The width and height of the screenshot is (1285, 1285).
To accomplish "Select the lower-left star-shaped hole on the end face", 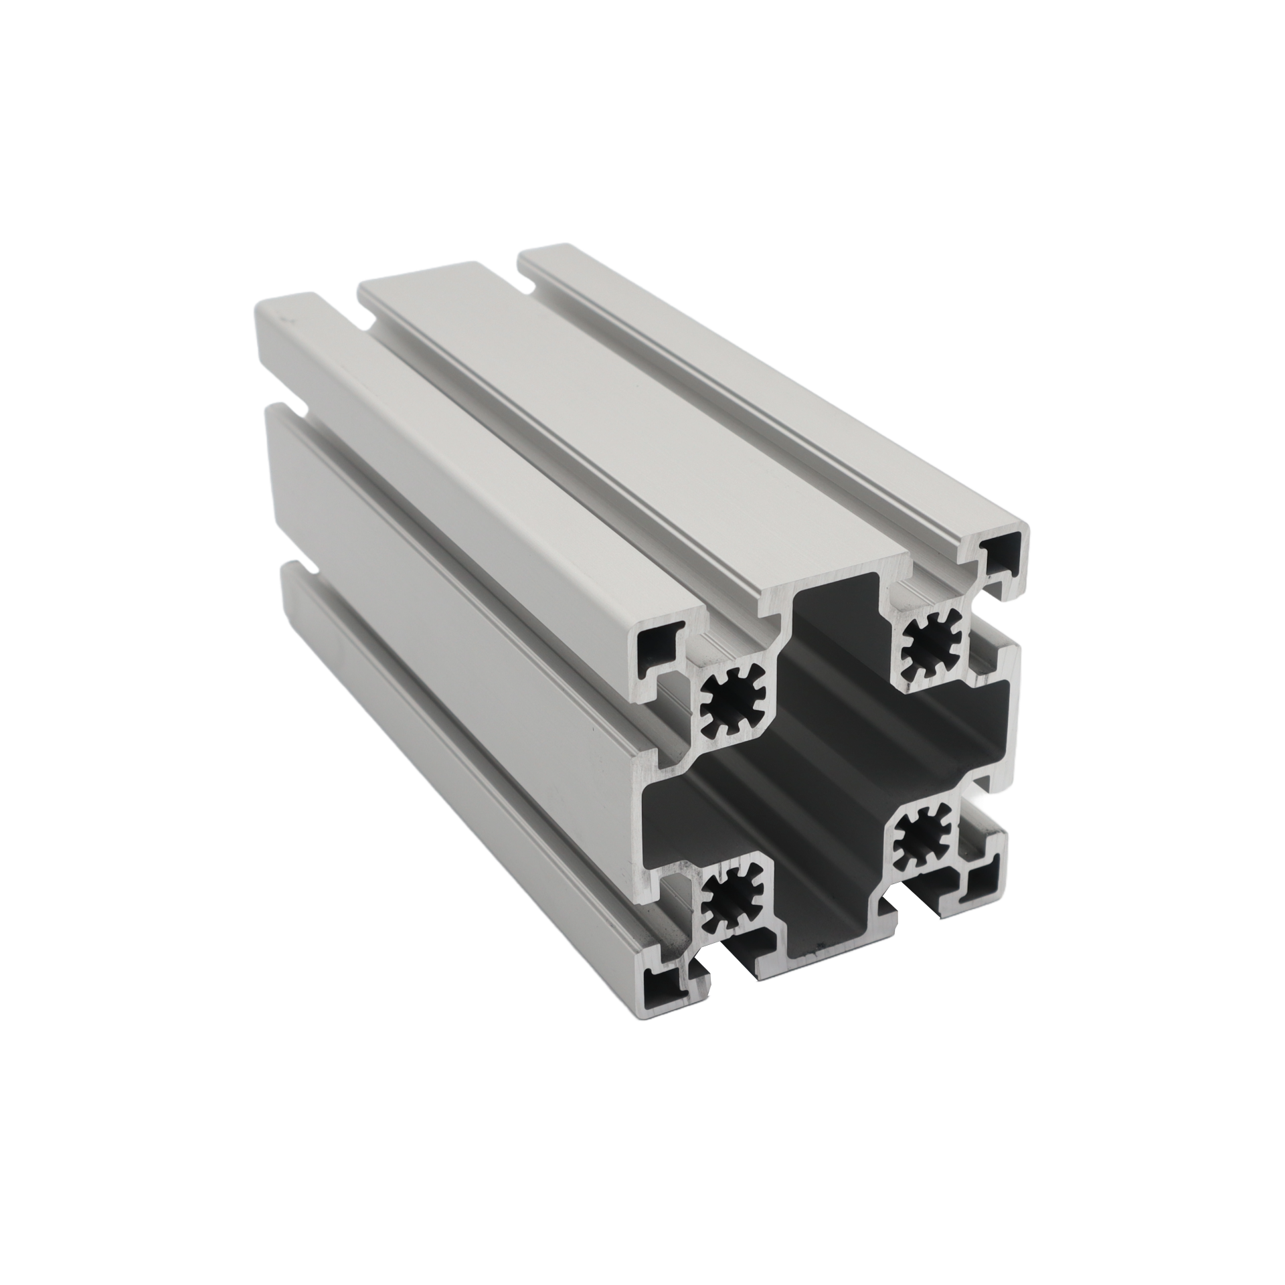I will click(729, 902).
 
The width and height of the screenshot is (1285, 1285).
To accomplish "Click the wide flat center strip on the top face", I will click(602, 428).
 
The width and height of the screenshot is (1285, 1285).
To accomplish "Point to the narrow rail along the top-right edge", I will click(770, 375).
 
